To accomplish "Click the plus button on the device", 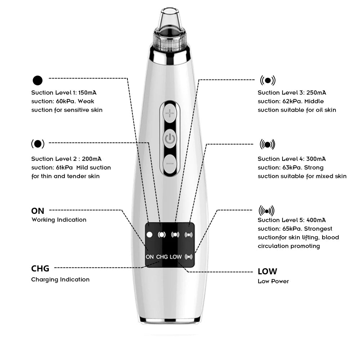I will (x=170, y=114).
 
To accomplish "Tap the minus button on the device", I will (x=170, y=163).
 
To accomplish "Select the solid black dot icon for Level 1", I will (x=37, y=80).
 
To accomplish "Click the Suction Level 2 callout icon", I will (x=38, y=144).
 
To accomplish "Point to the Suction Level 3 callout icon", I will (x=267, y=80).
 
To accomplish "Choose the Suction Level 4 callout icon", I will (x=267, y=145).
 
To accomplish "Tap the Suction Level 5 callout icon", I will (x=266, y=211).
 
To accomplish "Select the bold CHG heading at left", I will (x=40, y=269).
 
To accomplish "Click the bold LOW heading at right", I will (x=267, y=271).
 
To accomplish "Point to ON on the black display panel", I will (x=150, y=257).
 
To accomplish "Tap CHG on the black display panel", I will (x=162, y=257).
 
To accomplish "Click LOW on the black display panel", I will (x=176, y=257).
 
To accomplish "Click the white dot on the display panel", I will (x=150, y=235).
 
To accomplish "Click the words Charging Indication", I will (x=60, y=280).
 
